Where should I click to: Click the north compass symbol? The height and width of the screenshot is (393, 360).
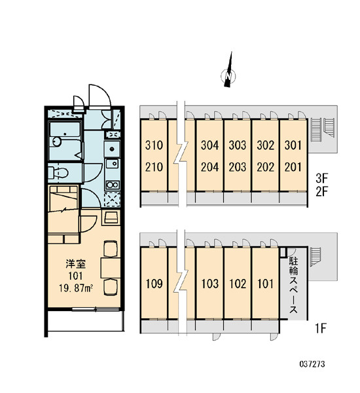click(x=228, y=74)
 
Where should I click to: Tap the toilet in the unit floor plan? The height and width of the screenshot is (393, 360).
click(x=58, y=173)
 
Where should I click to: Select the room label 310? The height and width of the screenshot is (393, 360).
click(x=154, y=145)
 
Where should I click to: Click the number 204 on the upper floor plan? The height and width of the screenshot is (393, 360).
click(x=209, y=167)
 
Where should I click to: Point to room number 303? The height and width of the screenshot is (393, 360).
click(x=238, y=145)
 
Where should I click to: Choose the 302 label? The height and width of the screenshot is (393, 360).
click(x=266, y=145)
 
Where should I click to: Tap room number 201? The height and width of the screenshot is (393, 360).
click(x=293, y=167)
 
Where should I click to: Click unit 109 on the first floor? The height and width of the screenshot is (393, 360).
click(x=154, y=284)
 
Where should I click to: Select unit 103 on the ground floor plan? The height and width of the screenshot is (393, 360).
click(x=210, y=284)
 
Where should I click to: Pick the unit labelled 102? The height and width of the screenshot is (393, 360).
click(x=238, y=284)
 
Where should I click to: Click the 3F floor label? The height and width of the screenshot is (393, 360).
click(x=321, y=178)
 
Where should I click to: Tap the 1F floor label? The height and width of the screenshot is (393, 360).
click(x=321, y=328)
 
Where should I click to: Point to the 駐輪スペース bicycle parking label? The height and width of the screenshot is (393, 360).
click(x=294, y=285)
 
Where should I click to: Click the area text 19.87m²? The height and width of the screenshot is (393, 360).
click(x=76, y=288)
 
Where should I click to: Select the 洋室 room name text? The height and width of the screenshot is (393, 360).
click(x=76, y=264)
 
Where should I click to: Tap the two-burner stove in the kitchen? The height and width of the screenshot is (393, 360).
click(x=112, y=185)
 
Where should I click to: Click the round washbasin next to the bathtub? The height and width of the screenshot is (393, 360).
click(x=57, y=141)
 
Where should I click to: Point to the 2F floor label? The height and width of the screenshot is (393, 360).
click(x=321, y=192)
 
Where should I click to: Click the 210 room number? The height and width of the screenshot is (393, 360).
click(x=154, y=167)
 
